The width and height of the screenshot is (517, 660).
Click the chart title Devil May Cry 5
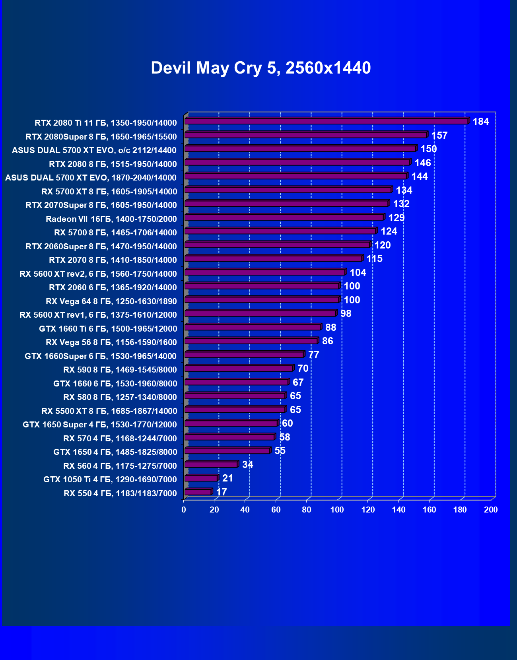coord(260,68)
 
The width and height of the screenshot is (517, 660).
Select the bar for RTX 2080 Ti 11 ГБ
coord(326,121)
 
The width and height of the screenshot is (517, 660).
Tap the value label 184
coord(480,122)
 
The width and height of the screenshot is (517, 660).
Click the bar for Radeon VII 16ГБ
coord(284,217)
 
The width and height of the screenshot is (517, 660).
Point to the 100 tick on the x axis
coord(337,510)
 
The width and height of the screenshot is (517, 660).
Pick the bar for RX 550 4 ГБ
coord(198,492)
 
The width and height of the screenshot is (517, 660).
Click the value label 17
coord(221,492)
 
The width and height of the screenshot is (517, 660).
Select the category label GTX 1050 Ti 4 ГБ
coord(110,479)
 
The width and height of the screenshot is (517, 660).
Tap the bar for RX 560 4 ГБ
coord(211,465)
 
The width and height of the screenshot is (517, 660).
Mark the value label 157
coord(439,136)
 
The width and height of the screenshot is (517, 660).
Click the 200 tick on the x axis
coord(491,510)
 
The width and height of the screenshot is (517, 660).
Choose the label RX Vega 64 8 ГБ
coord(111,301)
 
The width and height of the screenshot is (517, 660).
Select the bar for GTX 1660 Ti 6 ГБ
coord(253,327)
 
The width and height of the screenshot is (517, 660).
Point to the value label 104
coord(358,273)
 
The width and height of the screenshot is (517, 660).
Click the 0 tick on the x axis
coord(184,510)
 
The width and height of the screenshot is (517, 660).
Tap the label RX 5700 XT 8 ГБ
coord(109,192)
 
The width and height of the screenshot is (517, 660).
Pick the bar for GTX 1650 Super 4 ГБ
coord(231,423)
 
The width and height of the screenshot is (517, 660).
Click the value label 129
coord(396,218)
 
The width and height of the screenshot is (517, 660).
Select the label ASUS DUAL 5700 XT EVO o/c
coord(94,150)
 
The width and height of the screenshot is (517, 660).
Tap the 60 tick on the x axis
coord(276,510)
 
